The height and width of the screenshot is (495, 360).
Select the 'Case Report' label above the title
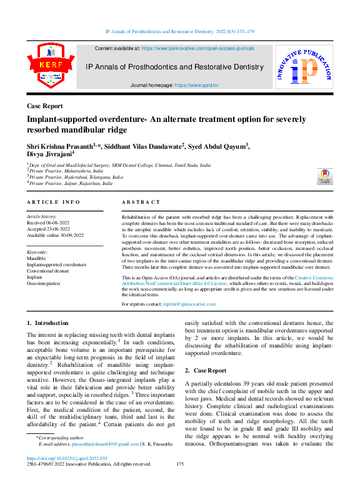click(45, 106)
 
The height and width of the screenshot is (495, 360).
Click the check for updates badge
click(324, 176)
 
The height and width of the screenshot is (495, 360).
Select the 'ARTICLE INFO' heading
click(54, 202)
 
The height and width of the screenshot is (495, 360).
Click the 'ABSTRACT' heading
click(141, 202)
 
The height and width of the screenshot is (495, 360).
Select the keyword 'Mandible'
click(37, 258)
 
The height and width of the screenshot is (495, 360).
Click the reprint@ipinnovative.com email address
click(190, 304)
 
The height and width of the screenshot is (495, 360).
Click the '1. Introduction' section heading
click(48, 323)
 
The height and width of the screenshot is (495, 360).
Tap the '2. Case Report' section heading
click(206, 371)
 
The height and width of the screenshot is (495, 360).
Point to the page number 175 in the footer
click(180, 481)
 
